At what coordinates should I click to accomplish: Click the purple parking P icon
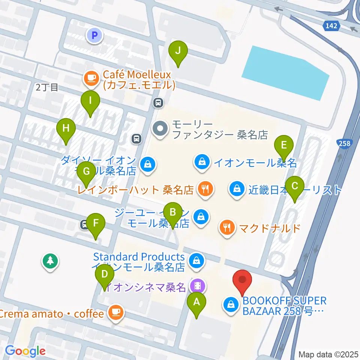coord(94,36)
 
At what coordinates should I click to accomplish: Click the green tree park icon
coord(50,261)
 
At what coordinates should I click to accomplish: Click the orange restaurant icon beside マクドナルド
coord(227,227)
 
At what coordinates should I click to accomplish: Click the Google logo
coord(25,351)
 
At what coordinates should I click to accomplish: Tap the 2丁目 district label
coord(47,88)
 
